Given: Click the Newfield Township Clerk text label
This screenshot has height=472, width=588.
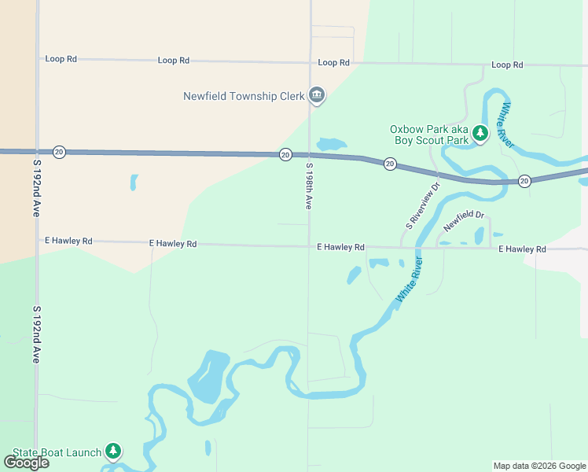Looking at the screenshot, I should coord(243,97).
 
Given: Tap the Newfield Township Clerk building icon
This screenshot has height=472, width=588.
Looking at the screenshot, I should coord(317,96).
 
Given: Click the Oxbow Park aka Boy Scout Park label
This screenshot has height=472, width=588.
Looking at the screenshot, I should coord(429,135).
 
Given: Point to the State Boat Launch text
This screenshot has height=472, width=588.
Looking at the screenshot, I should coord(57,452).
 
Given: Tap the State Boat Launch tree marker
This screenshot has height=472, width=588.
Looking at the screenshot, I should coord(114,452).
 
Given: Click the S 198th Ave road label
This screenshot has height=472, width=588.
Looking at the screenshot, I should coord(309,186).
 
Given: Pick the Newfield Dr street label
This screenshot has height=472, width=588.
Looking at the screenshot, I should coord(464,220).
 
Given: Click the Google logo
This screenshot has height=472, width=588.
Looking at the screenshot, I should coord(27,462).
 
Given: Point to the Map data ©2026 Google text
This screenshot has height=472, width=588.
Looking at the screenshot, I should coord(539,466).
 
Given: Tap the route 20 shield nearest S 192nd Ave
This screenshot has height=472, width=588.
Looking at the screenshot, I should coord(59,151).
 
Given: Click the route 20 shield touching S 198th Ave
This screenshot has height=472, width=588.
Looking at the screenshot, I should coord(285,154).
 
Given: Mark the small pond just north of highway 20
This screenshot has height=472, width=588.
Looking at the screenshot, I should coord(331,145).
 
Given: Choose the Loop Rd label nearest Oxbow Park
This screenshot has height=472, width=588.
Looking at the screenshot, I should coord(507,65).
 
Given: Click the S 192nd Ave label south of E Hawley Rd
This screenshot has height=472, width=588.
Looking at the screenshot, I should coord(36,334).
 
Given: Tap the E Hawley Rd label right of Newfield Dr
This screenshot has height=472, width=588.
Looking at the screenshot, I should coord(522,249).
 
